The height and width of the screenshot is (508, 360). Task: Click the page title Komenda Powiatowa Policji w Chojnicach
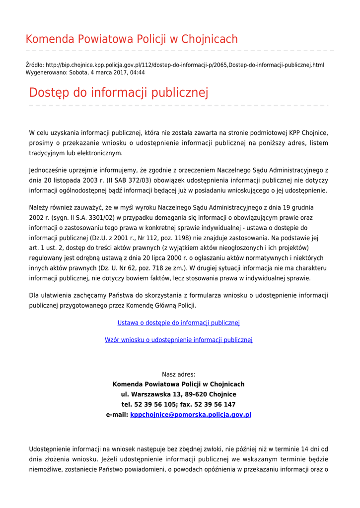[132, 39]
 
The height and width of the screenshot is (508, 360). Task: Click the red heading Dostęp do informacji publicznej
[119, 93]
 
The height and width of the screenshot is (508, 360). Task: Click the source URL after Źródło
[185, 65]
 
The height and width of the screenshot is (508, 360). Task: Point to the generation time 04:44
[138, 72]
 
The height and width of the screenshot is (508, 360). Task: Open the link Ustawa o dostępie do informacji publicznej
[178, 323]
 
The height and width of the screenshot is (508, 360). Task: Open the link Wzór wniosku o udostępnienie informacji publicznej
[178, 340]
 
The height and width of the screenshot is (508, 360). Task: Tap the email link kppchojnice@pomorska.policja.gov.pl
[190, 414]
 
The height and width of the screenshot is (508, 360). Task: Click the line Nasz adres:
[178, 375]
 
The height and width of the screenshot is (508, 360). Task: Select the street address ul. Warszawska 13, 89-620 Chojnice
[178, 394]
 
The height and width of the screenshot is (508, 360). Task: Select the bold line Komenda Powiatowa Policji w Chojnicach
[178, 384]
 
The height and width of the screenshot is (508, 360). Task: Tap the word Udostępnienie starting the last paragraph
[51, 449]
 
